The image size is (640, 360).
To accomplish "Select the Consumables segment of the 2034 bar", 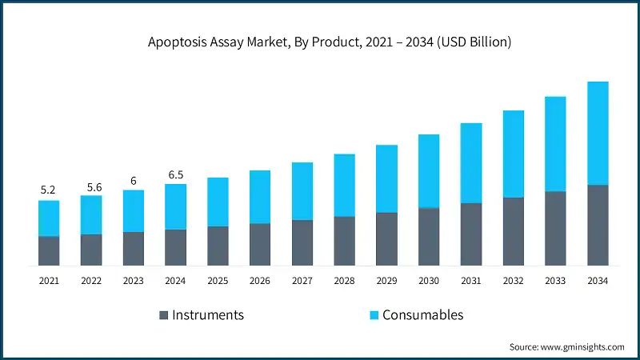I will [598, 133].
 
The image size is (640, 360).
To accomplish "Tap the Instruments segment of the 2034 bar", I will [598, 225].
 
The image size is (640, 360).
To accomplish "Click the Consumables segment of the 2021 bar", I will [49, 218].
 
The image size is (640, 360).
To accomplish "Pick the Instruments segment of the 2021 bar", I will [49, 250].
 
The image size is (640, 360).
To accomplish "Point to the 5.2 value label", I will [49, 190].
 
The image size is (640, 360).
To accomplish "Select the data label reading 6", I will [134, 181].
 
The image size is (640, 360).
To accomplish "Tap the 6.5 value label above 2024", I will [176, 174].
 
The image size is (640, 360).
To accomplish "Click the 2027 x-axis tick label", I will [302, 281].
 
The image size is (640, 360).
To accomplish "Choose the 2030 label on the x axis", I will [429, 281].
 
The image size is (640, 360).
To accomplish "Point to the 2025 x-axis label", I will [218, 281].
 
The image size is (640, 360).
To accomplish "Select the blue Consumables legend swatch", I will [373, 315].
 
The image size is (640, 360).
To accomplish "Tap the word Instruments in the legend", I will [208, 315].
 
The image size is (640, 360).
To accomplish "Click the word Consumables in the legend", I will [422, 315].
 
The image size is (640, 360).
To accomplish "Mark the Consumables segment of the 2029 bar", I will [386, 178].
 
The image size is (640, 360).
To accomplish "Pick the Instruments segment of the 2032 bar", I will [513, 231].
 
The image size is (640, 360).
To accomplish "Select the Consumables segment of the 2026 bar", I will [260, 197].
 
